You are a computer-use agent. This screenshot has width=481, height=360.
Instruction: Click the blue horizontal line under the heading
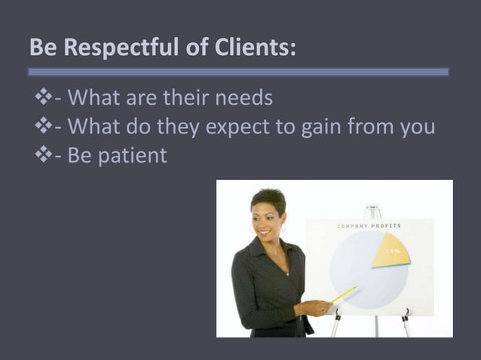pos(238,72)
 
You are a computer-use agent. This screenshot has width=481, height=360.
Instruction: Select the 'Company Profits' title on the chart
pos(369,226)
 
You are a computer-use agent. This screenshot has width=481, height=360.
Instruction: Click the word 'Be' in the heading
pos(43,48)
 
